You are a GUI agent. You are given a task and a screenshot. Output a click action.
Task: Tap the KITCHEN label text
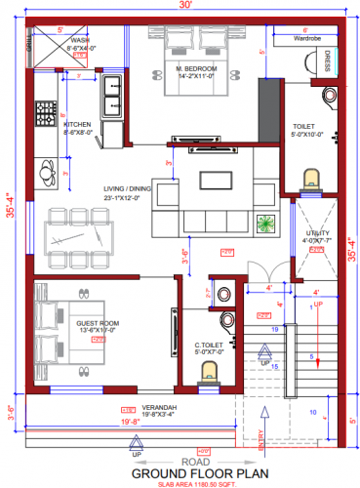(x=78, y=125)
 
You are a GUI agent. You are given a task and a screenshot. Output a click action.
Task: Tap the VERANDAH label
(x=136, y=405)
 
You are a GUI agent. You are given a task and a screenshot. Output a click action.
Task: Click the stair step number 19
(x=275, y=330)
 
